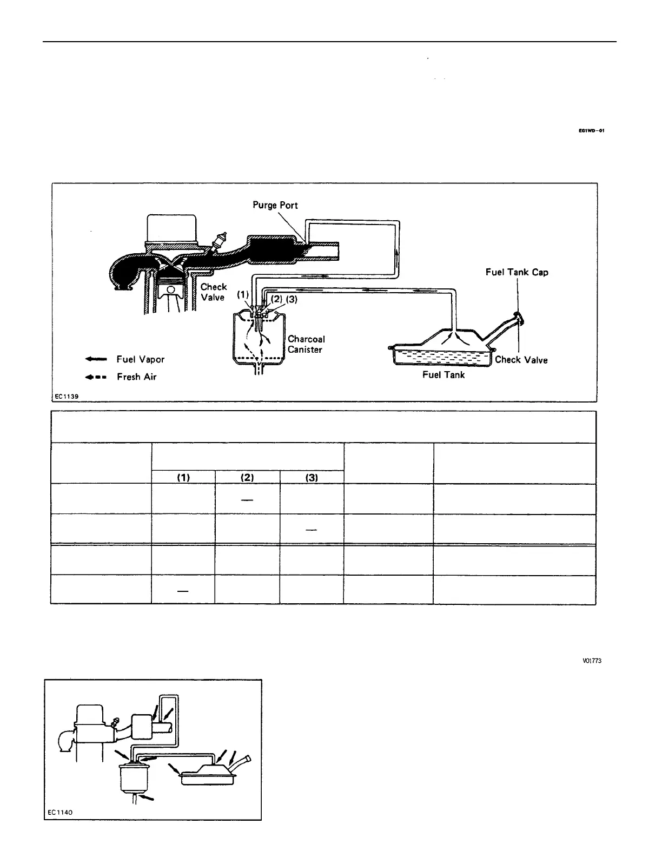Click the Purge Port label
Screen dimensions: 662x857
coord(275,205)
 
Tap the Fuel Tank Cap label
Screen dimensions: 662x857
coord(517,272)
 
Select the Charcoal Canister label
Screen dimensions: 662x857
coord(306,344)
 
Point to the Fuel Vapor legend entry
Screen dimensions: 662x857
coord(140,359)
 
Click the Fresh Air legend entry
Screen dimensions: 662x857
coord(136,377)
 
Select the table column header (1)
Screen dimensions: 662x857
coord(183,478)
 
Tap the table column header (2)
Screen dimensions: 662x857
coord(247,478)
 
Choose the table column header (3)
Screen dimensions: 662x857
coord(312,478)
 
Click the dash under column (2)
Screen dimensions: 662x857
coord(247,500)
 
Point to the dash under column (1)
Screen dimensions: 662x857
coord(183,591)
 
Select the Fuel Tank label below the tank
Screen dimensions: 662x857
coord(443,374)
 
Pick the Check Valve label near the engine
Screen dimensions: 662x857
coord(214,292)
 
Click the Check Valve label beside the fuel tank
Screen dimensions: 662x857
coord(521,360)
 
